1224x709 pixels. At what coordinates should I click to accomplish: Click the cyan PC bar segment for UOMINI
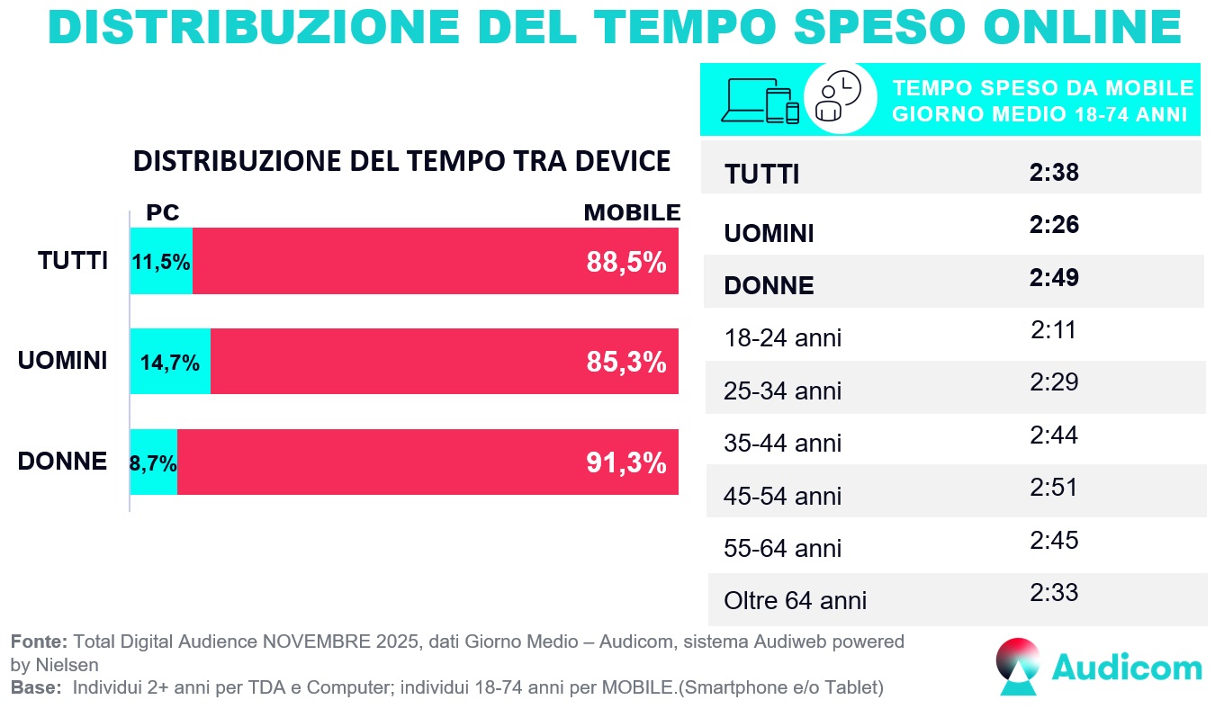click(170, 362)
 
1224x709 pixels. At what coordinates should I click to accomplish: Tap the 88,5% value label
click(626, 262)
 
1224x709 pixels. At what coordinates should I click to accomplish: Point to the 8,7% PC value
click(154, 463)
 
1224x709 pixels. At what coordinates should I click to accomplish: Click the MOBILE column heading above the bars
click(632, 213)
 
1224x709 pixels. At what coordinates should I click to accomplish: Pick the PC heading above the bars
click(163, 213)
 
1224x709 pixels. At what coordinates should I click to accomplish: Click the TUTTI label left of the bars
click(73, 261)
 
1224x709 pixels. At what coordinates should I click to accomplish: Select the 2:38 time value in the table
click(1054, 173)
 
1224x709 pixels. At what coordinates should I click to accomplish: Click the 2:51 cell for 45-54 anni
click(1054, 488)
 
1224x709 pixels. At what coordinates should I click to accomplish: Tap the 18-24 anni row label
click(783, 338)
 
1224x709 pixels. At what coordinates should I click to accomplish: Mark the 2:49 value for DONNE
click(1054, 278)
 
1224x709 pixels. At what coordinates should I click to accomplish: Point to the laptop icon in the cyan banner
click(743, 100)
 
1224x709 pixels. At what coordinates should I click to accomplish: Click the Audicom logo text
click(1127, 668)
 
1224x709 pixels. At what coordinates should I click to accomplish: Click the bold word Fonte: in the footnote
click(40, 642)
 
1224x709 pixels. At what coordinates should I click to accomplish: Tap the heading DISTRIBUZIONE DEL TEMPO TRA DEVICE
click(401, 161)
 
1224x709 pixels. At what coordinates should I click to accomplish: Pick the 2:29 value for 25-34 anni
click(1054, 382)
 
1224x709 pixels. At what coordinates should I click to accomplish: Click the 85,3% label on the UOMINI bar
click(626, 363)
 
